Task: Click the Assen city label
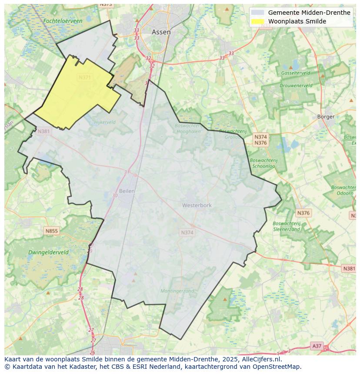[161, 32]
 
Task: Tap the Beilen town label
[127, 191]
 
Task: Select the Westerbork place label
[197, 205]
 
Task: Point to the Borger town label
[326, 116]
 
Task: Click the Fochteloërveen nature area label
[63, 21]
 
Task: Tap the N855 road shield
[51, 231]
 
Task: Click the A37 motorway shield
[317, 346]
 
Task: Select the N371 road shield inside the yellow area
[85, 77]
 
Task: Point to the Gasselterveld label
[296, 73]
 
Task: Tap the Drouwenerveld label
[296, 86]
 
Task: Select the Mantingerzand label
[177, 291]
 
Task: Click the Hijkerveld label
[105, 122]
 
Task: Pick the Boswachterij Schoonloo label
[263, 163]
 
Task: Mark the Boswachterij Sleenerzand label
[287, 226]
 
